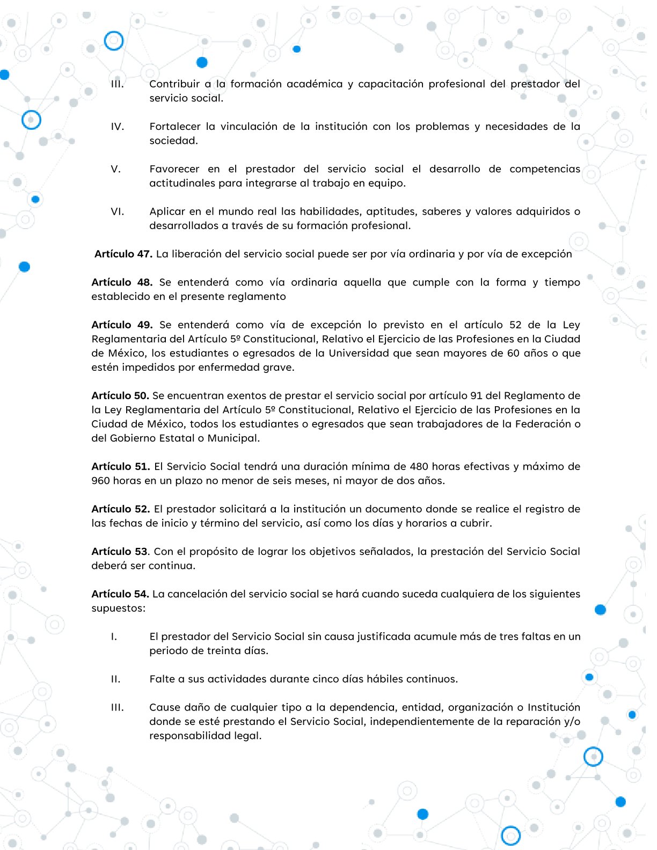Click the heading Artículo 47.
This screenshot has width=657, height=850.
point(123,254)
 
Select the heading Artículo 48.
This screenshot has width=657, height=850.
point(122,282)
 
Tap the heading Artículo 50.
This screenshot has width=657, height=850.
point(120,395)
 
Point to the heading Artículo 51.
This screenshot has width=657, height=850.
point(121,466)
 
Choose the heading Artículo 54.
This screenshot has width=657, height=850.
point(120,594)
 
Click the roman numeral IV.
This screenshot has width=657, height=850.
point(117,127)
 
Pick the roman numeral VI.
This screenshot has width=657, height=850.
point(117,211)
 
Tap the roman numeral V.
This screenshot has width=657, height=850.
point(115,169)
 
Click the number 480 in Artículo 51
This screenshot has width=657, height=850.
point(419,466)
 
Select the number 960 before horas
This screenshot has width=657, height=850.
point(100,481)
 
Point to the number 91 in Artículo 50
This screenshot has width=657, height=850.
point(476,395)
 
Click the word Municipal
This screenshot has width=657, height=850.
point(233,438)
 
